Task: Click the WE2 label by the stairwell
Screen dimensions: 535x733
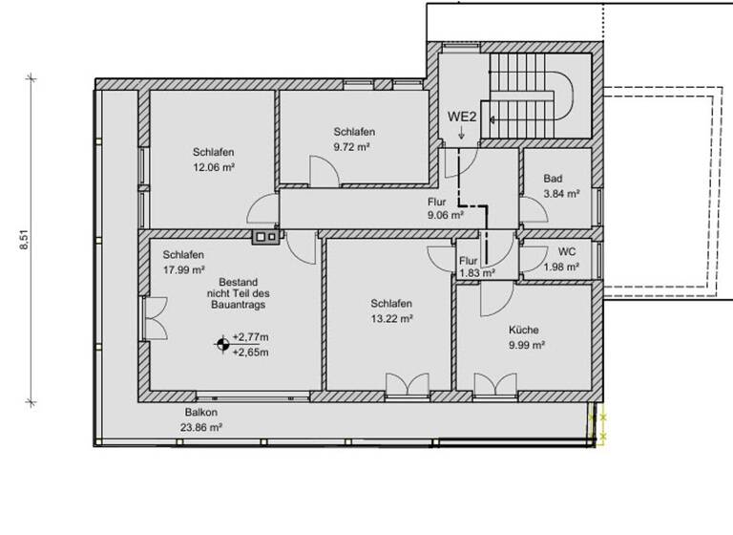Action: pyautogui.click(x=463, y=118)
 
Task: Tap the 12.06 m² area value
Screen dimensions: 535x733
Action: pyautogui.click(x=214, y=166)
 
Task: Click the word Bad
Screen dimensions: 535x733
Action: pyautogui.click(x=553, y=179)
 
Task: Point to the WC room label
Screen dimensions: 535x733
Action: pyautogui.click(x=567, y=252)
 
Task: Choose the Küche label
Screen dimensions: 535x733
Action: pyautogui.click(x=526, y=330)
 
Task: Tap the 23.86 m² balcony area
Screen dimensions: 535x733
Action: pyautogui.click(x=202, y=429)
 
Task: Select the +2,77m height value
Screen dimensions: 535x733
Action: pyautogui.click(x=250, y=337)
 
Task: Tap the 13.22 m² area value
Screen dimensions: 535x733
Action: pyautogui.click(x=392, y=318)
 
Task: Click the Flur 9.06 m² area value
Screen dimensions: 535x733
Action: pyautogui.click(x=447, y=215)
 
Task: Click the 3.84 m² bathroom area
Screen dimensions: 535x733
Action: pyautogui.click(x=561, y=193)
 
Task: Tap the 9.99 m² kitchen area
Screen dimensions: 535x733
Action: pyautogui.click(x=526, y=345)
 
